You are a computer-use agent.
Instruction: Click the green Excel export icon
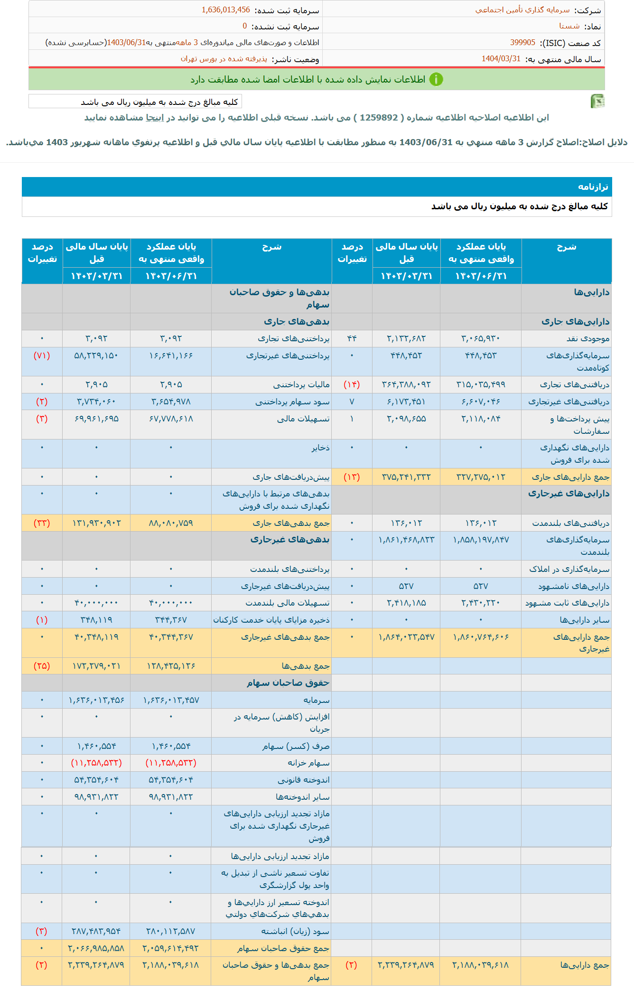[x=597, y=101]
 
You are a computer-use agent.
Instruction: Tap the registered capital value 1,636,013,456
[x=226, y=10]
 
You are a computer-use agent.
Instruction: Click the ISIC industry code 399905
[x=522, y=43]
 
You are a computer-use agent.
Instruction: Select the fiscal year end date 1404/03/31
[x=501, y=59]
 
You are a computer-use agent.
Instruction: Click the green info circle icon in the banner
[x=436, y=79]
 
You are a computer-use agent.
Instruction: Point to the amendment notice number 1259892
[x=379, y=118]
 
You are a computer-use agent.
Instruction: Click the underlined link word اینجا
[x=155, y=118]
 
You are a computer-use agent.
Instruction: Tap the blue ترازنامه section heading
[x=593, y=187]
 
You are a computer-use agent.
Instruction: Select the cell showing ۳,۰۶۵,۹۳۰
[x=481, y=338]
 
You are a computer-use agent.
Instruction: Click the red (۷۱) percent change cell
[x=42, y=355]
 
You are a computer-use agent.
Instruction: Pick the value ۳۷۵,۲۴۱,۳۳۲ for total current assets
[x=406, y=477]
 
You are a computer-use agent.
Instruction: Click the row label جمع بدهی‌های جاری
[x=291, y=523]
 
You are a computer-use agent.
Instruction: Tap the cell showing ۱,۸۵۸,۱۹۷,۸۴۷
[x=481, y=540]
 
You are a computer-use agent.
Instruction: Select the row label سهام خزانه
[x=308, y=763]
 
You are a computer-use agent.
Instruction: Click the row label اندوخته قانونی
[x=303, y=780]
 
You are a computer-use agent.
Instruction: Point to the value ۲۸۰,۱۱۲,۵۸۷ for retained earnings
[x=171, y=931]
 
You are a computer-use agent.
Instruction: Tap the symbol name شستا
[x=569, y=26]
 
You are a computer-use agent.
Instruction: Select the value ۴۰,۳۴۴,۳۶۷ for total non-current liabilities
[x=171, y=637]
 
